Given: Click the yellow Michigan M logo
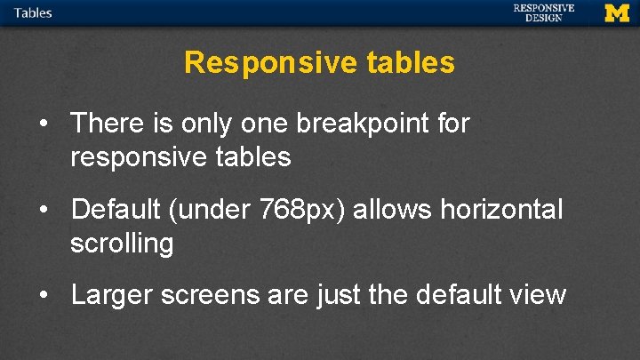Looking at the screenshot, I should coord(617,12).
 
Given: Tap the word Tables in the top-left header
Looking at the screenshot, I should coord(33,12).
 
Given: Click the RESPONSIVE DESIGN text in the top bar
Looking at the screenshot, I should coord(543,12).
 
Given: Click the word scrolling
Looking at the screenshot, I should coord(122,244).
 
